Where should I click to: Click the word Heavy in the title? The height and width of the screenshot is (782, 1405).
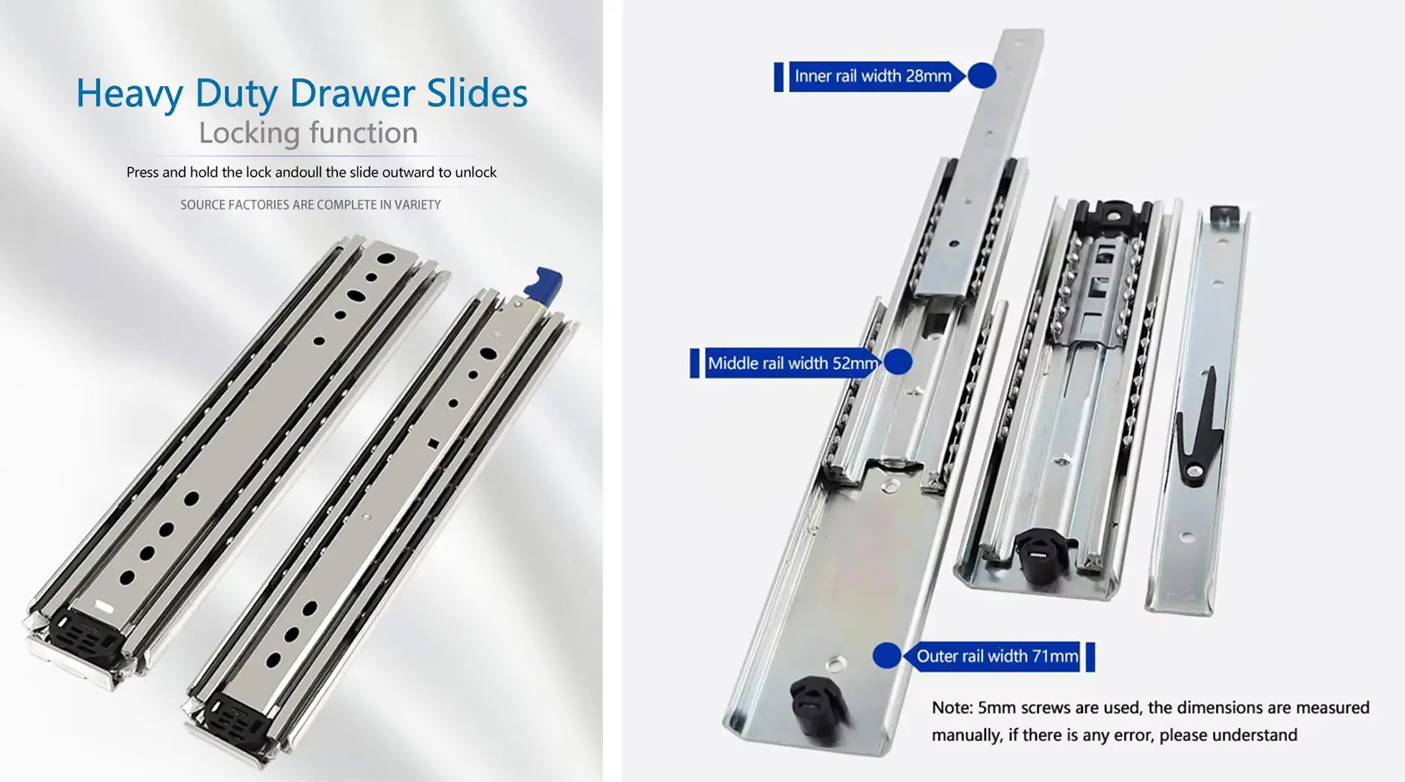pos(130,94)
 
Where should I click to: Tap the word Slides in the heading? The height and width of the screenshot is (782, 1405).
pos(478,93)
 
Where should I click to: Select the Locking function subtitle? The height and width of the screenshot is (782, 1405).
pos(308,133)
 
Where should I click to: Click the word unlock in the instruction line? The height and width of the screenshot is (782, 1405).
pos(475,172)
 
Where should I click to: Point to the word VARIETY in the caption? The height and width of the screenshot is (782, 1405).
pos(418,204)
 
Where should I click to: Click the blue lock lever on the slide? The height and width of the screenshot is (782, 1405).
pos(544,286)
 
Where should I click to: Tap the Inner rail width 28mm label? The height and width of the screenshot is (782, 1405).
pos(873,76)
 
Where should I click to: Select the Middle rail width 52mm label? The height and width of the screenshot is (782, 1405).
pos(793,363)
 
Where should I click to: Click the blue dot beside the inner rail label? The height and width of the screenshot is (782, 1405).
pos(982,76)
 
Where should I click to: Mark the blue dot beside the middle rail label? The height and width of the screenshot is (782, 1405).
pos(897,362)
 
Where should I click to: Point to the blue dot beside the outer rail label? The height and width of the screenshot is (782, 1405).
pos(886,656)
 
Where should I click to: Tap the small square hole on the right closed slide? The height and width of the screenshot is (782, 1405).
pos(433,444)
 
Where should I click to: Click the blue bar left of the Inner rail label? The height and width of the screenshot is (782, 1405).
pos(779,76)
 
